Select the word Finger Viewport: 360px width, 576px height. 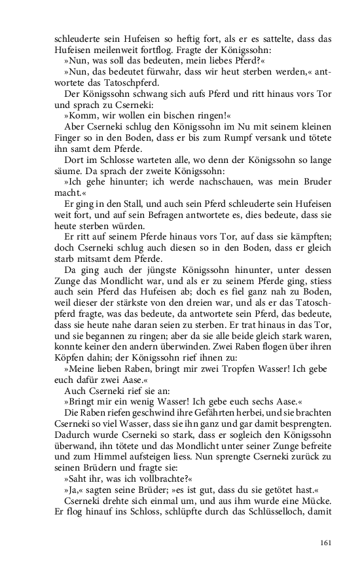(70, 139)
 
